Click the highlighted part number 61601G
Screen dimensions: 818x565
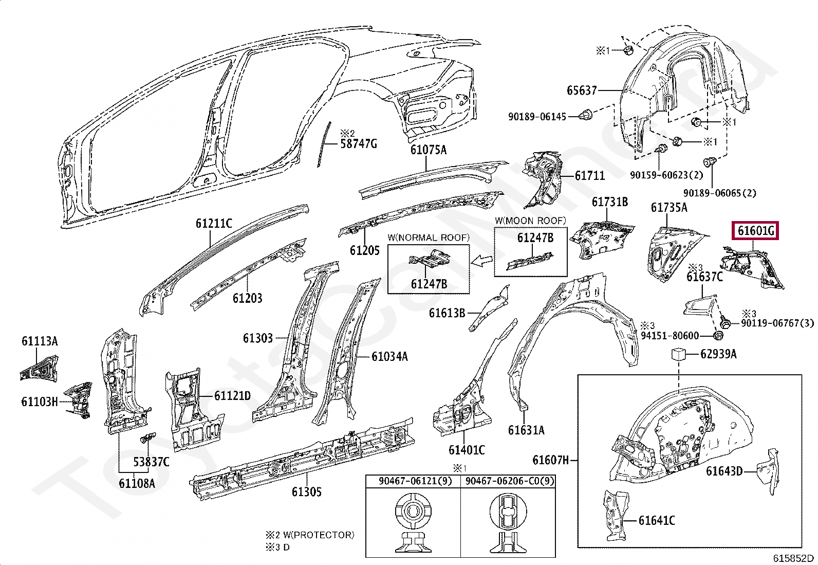click(755, 231)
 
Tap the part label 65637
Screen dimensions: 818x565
click(582, 90)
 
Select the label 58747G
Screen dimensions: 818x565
click(358, 143)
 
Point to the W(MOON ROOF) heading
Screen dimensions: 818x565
click(530, 221)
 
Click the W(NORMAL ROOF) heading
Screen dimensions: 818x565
click(429, 238)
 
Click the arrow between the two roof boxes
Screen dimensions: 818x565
click(481, 261)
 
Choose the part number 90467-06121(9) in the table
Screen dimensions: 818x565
click(415, 481)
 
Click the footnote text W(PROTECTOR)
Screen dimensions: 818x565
click(319, 535)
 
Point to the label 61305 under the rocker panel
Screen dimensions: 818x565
click(306, 491)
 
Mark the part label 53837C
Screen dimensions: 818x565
click(151, 462)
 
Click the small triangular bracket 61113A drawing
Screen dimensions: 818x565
click(39, 368)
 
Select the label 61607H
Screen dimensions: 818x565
click(551, 460)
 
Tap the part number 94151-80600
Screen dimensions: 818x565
click(670, 336)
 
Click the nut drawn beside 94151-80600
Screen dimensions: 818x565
click(718, 335)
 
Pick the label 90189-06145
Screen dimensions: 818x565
click(537, 117)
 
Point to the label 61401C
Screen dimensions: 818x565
click(467, 450)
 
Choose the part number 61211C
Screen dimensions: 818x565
click(214, 223)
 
